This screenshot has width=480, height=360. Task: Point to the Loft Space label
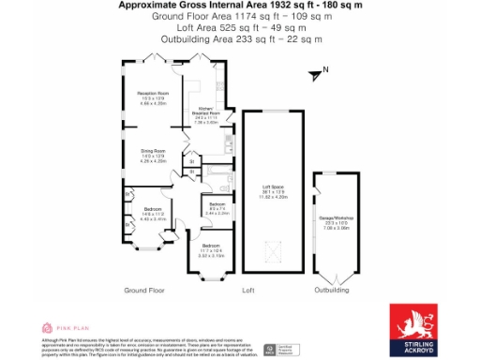click(x=272, y=193)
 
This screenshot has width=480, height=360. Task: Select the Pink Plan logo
click(x=66, y=328)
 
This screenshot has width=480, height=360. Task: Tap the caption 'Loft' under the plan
click(x=248, y=291)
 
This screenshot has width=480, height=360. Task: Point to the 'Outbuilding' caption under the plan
click(x=331, y=291)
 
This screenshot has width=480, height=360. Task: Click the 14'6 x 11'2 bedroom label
click(x=153, y=213)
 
